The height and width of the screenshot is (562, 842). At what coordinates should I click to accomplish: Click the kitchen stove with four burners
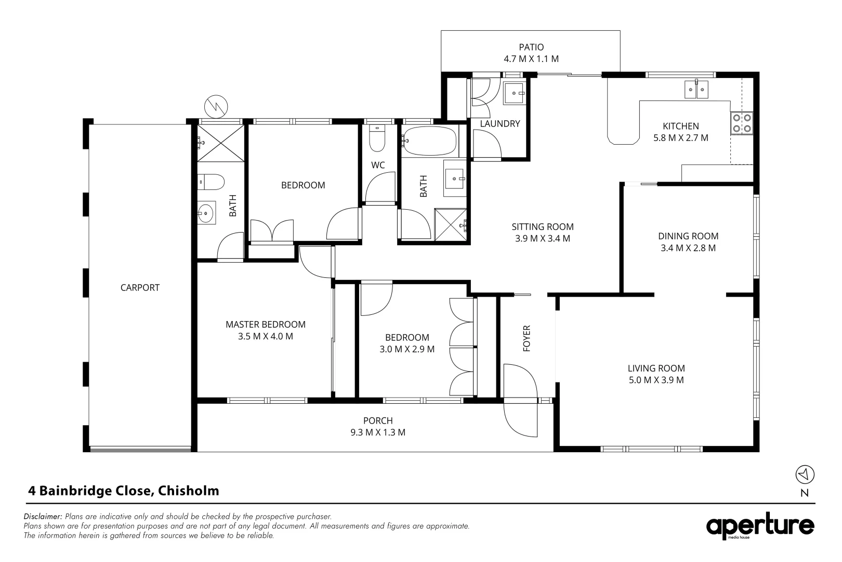(x=742, y=122)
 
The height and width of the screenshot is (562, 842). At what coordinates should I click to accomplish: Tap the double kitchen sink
(x=696, y=90)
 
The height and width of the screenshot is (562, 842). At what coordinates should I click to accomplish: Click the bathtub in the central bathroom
(x=430, y=141)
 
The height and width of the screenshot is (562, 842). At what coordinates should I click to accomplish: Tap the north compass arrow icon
(x=805, y=475)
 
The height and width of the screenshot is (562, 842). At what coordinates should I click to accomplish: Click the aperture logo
(x=760, y=527)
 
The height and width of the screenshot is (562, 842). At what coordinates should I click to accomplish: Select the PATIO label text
(x=531, y=47)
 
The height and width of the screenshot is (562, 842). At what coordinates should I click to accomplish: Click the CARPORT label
(x=140, y=287)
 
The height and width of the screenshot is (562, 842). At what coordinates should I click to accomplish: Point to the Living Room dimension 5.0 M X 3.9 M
(x=656, y=380)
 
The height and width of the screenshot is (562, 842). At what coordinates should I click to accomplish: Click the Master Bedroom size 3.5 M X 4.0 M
(x=265, y=336)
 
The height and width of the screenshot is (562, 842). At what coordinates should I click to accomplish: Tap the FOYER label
(x=527, y=338)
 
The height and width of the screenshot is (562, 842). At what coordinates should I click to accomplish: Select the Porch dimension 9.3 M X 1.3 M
(x=378, y=432)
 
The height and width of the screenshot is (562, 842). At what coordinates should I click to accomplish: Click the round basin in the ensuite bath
(x=206, y=212)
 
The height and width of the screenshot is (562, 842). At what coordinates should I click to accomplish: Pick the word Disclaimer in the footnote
(x=43, y=517)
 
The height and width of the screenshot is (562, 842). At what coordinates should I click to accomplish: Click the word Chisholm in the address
(x=189, y=491)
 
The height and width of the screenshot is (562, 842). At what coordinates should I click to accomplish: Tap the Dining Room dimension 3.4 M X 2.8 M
(x=688, y=248)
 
